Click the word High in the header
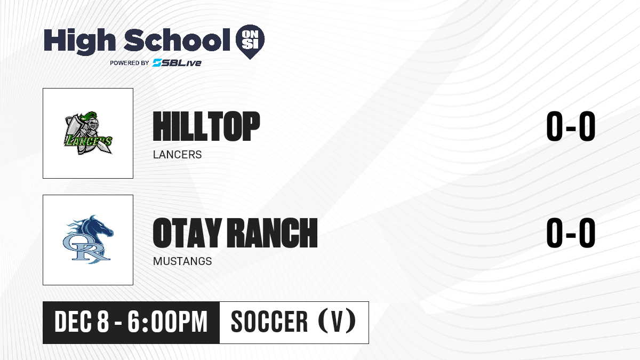tap(79, 41)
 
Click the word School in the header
tap(177, 39)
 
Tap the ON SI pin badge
tap(250, 42)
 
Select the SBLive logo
tap(177, 63)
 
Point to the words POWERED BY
tap(130, 63)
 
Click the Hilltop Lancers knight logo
tap(87, 133)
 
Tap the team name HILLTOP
tap(206, 126)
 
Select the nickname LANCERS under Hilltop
tap(177, 155)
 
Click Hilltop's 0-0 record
tap(571, 126)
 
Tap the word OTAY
tap(187, 233)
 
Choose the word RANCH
tap(272, 233)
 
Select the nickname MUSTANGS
tap(182, 261)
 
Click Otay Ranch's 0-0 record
tap(571, 233)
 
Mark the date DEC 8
tap(82, 322)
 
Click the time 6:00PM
tap(167, 322)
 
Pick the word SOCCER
tap(269, 322)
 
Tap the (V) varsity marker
tap(337, 322)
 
